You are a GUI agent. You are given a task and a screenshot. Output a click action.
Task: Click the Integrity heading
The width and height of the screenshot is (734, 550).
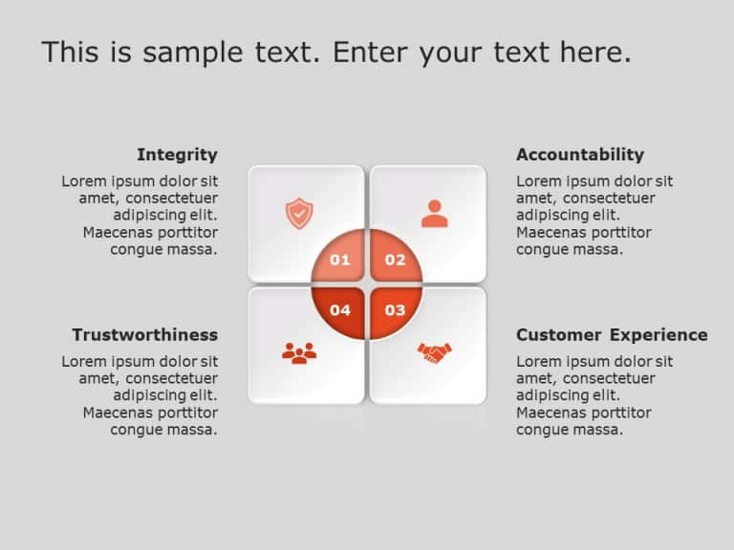click(177, 155)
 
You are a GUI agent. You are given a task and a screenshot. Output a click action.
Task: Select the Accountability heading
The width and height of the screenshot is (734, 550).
click(580, 155)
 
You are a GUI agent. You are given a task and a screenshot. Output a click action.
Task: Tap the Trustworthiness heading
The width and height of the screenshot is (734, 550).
click(144, 335)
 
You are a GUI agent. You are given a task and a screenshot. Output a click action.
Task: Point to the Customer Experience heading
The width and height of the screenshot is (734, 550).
click(612, 335)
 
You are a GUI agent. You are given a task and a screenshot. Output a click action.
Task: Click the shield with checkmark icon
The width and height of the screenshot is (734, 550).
click(299, 213)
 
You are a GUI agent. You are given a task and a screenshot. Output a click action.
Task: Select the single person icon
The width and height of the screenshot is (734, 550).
click(434, 214)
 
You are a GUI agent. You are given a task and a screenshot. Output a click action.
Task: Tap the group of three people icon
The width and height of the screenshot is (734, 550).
click(299, 353)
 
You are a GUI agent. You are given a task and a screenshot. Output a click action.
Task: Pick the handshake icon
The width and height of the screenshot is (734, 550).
click(434, 353)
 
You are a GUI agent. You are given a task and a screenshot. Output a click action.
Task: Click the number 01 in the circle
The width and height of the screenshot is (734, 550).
click(340, 260)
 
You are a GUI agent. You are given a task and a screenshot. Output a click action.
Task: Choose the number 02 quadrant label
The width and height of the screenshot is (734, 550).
click(395, 260)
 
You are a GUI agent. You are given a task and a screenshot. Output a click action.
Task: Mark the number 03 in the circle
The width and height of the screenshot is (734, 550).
click(395, 310)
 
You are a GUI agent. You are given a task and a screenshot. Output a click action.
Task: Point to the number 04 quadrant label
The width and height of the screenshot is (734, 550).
click(340, 310)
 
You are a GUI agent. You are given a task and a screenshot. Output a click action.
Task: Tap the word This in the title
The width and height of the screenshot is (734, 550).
click(70, 53)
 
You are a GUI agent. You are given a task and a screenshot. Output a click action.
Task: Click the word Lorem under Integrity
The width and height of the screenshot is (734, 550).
click(85, 181)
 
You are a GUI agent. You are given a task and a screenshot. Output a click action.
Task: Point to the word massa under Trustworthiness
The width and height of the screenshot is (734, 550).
click(195, 431)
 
